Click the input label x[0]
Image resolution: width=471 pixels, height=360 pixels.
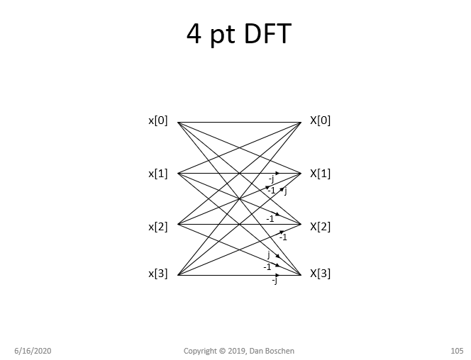coord(157,120)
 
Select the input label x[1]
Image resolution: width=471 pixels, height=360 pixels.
coord(157,174)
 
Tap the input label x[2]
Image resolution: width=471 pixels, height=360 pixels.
coord(157,227)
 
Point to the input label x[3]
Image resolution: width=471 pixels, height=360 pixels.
coord(157,273)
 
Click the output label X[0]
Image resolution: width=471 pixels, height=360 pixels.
coord(320,120)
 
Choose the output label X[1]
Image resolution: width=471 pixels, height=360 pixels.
coord(320,174)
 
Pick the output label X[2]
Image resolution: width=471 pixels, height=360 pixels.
coord(320,227)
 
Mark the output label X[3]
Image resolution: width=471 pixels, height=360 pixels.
coord(320,273)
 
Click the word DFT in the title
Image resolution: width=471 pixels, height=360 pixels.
coord(264,34)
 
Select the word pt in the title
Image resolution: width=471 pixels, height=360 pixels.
coord(221,35)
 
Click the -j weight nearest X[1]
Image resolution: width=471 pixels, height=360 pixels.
coord(271,180)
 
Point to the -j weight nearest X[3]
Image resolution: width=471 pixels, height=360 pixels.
coord(275,281)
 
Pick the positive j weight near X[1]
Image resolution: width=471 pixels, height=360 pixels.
coord(285,191)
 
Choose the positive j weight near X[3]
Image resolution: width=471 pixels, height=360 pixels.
coord(268,254)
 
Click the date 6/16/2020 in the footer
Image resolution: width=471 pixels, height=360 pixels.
coord(33,351)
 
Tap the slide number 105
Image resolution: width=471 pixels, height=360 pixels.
coord(457,351)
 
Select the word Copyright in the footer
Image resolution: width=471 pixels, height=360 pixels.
coord(200,351)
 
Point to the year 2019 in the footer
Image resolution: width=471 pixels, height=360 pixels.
coord(237,351)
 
